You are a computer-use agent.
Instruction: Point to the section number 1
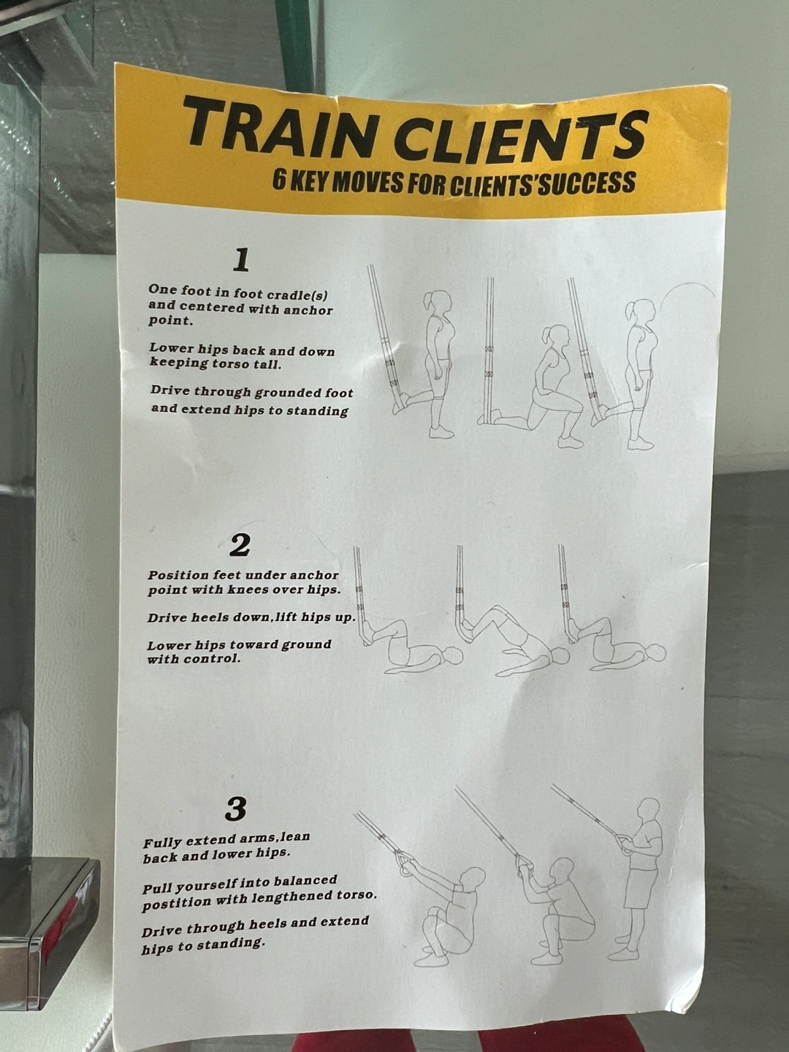coord(241,262)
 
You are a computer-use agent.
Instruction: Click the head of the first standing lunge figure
coord(438,304)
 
